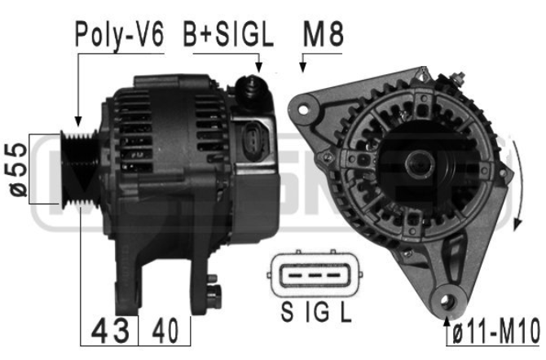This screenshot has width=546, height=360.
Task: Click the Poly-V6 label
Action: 120,35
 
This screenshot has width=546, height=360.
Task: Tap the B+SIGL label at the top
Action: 228,35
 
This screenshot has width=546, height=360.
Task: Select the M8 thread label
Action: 324,34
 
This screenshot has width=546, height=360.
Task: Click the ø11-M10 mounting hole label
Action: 496,332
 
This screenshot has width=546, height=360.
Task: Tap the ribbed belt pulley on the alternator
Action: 79,169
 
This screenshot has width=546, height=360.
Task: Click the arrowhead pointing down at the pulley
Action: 78,122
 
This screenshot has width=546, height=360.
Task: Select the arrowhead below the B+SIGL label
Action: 258,68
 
